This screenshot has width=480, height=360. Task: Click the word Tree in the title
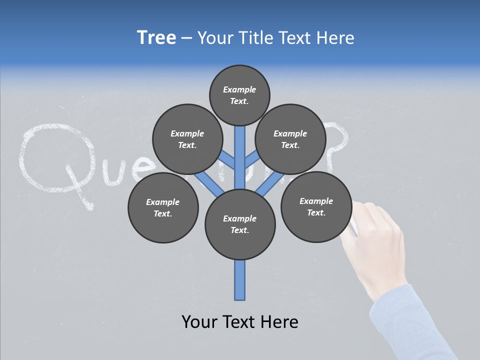(x=156, y=38)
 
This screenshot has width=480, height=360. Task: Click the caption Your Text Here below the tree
(x=239, y=322)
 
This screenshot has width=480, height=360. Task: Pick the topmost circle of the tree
(x=239, y=95)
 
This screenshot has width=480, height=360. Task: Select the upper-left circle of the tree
(x=187, y=139)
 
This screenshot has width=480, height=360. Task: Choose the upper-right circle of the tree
(x=290, y=139)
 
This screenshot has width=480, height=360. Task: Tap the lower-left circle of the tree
(x=163, y=208)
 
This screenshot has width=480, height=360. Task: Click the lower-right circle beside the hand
(x=316, y=206)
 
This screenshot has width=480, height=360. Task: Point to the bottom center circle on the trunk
(x=240, y=224)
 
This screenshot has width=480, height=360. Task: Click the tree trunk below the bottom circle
(x=240, y=280)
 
